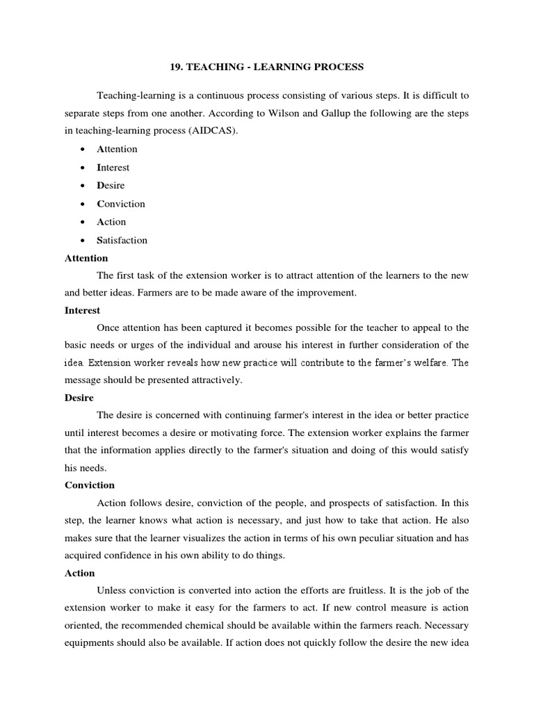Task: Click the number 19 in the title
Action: (x=176, y=67)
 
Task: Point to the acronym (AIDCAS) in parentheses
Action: (x=212, y=131)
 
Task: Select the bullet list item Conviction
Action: (x=121, y=204)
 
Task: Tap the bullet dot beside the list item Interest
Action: (x=83, y=168)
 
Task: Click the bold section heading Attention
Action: (x=86, y=258)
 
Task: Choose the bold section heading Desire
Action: (x=79, y=397)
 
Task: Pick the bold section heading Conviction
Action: (x=90, y=485)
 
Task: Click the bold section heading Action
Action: (x=79, y=572)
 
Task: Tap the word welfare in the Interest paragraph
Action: (x=431, y=362)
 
